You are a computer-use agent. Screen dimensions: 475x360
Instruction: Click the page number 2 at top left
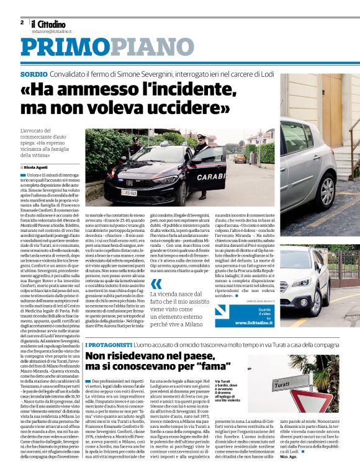pos(22,22)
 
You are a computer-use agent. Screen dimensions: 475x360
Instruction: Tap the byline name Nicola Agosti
pos(37,167)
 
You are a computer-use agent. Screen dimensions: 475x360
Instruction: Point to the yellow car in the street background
pos(240,158)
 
